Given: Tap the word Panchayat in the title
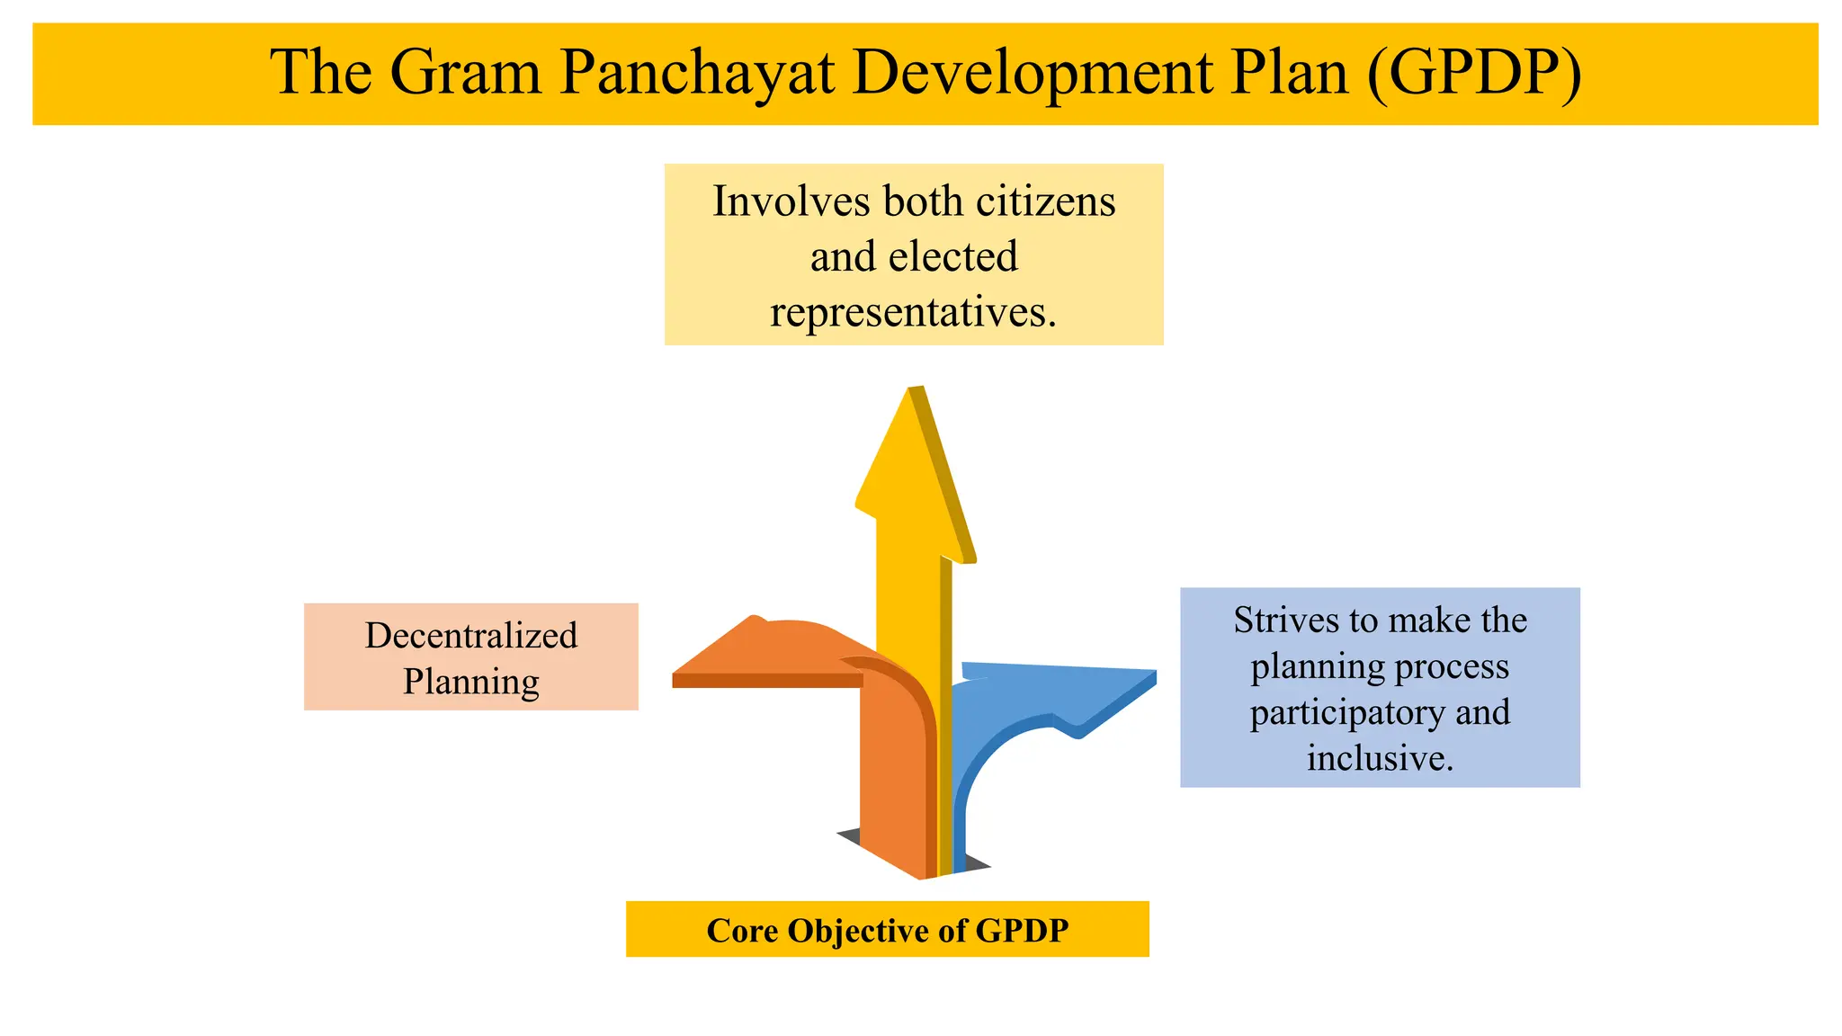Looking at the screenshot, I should click(x=697, y=72).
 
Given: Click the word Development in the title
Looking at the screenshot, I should click(x=1032, y=72).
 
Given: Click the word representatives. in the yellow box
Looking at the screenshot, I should click(x=913, y=312).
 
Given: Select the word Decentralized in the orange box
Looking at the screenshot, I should click(x=470, y=635).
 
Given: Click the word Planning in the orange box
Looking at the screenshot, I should click(x=470, y=682).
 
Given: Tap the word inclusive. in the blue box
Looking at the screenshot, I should click(x=1380, y=758).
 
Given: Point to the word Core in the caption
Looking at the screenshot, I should click(x=742, y=930).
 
